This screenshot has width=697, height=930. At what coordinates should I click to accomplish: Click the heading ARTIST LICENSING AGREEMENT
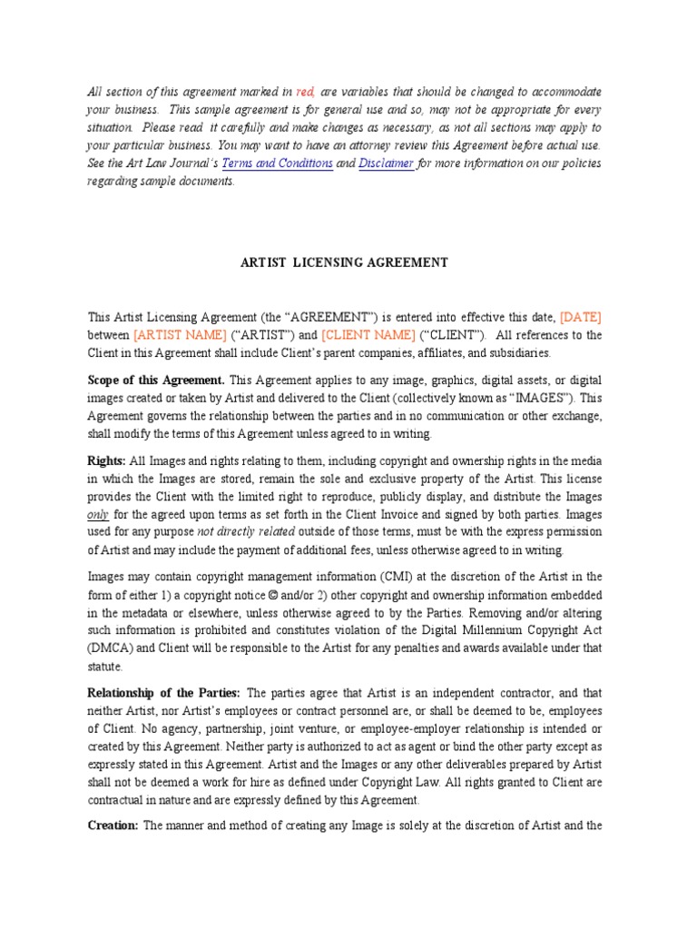(x=344, y=262)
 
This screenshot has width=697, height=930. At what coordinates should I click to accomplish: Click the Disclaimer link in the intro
(x=387, y=163)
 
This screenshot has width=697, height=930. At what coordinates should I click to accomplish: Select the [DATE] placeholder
(x=581, y=317)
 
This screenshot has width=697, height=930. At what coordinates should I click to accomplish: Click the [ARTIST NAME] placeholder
(x=180, y=334)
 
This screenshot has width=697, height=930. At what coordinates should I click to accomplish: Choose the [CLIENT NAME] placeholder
(x=368, y=334)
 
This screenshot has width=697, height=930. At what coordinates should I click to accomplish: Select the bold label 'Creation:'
(x=113, y=826)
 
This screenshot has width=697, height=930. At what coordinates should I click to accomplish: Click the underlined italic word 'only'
(x=97, y=514)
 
